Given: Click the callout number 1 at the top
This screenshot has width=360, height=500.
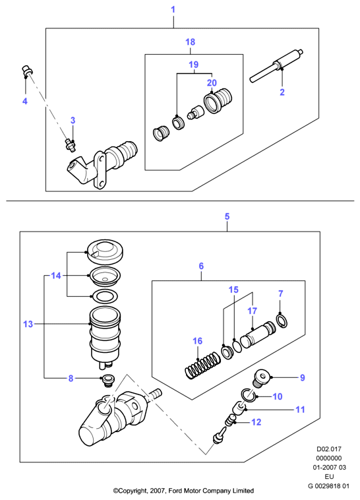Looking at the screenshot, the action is (x=173, y=10).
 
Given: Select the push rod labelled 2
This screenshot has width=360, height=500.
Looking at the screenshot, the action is (x=276, y=66).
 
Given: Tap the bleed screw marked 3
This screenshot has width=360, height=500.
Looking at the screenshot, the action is (x=70, y=144).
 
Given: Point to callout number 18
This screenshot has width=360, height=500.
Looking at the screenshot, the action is (x=191, y=42).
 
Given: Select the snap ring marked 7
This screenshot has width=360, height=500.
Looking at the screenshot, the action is (x=282, y=321).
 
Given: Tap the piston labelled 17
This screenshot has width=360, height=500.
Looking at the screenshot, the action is (x=257, y=336).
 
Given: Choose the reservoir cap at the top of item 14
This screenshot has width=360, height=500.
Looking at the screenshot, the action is (x=105, y=252).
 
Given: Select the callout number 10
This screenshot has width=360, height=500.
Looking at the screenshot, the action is (x=278, y=396).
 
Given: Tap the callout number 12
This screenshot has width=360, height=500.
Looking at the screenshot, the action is (x=256, y=422).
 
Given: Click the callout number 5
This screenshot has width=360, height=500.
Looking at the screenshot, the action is (x=227, y=216).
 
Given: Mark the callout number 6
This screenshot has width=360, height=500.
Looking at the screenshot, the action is (x=201, y=266).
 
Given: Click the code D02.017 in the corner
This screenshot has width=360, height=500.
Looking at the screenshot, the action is (x=329, y=449).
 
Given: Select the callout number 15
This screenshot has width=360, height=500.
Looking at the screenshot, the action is (x=233, y=290).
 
